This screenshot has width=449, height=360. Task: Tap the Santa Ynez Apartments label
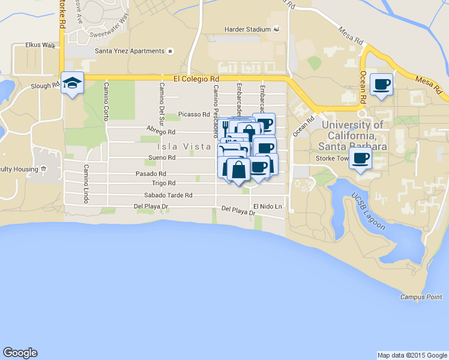point(130,51)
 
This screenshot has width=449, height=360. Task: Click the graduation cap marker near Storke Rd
point(72,84)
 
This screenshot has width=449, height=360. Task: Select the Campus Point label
point(421,297)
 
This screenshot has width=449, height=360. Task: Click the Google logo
point(20,353)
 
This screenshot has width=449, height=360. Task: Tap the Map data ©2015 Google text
point(411,355)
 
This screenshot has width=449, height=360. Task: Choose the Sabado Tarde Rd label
point(168,196)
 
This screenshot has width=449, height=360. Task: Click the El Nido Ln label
point(267,206)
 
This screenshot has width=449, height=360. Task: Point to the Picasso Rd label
point(193,115)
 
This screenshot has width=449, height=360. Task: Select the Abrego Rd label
point(161,131)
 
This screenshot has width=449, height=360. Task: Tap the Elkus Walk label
point(40,45)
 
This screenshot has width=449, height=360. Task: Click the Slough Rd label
point(45,86)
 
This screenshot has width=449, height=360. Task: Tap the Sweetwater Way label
point(109,26)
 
